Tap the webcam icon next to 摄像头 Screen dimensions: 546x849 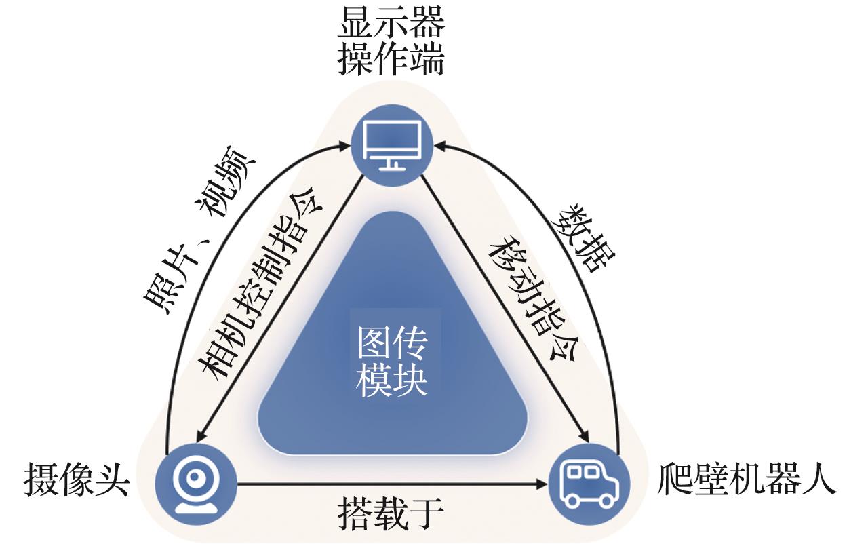click(196, 484)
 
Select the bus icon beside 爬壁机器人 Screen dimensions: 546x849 click(589, 484)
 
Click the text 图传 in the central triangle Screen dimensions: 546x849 click(393, 346)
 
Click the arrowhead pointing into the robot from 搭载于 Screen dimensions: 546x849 click(542, 484)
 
